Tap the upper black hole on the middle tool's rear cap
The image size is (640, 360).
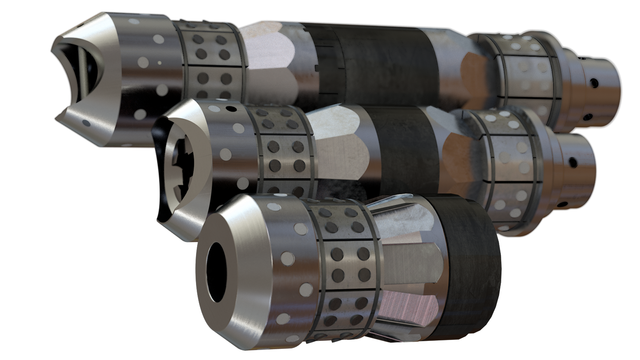[573, 162]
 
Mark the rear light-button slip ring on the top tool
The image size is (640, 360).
[526, 76]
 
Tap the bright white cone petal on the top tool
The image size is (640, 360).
[272, 56]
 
